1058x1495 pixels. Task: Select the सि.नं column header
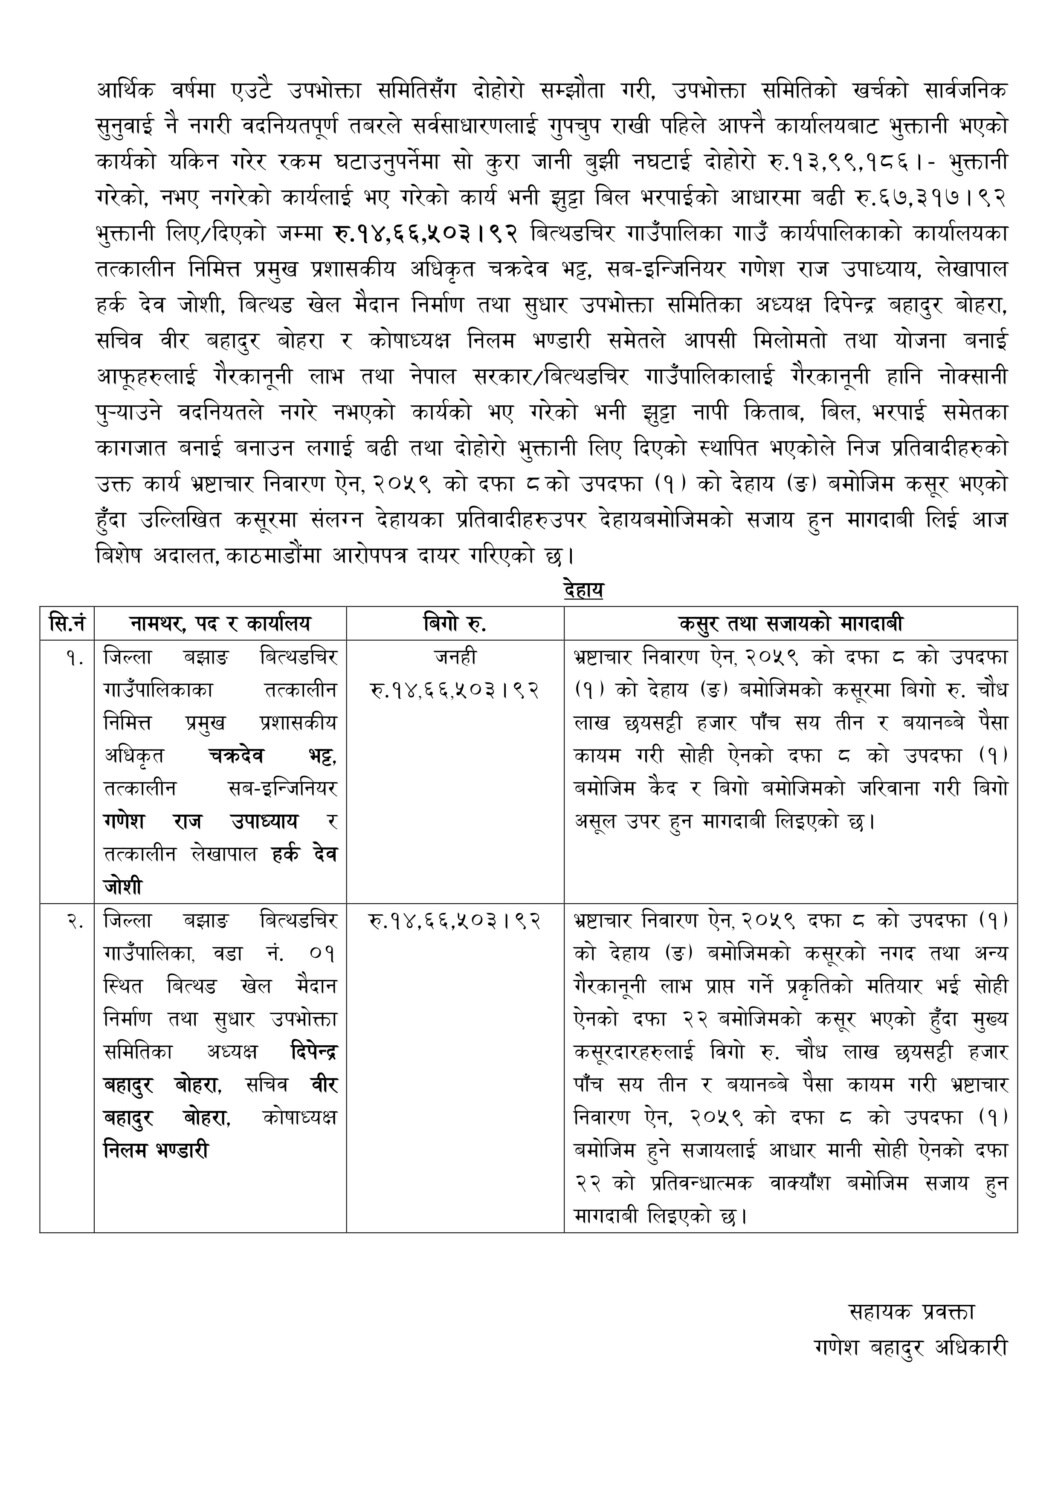tap(67, 624)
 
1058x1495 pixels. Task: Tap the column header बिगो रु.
tap(454, 624)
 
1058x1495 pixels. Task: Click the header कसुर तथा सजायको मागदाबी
tap(790, 624)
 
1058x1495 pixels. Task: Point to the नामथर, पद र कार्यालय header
tap(220, 624)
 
